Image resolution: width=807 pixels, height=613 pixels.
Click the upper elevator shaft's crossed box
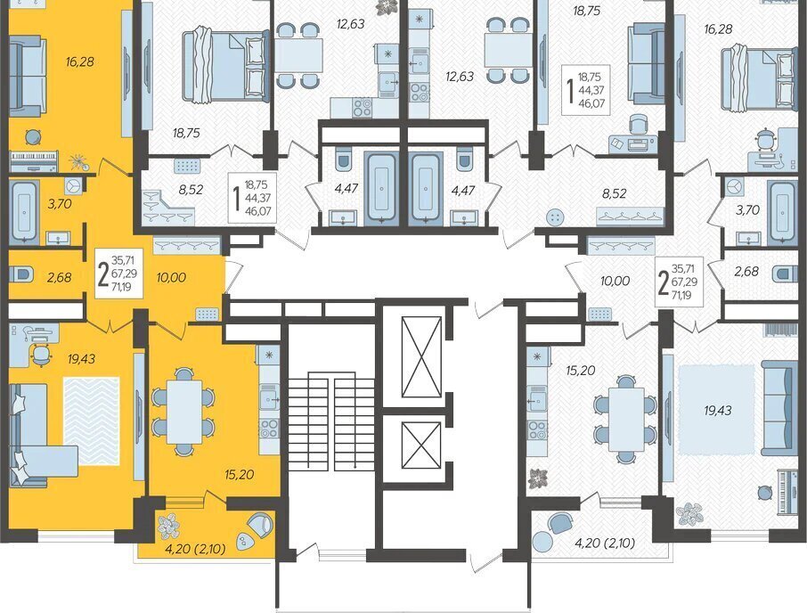click(x=421, y=356)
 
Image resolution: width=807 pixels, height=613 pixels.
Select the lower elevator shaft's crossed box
click(x=421, y=445)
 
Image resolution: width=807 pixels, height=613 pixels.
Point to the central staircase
click(x=331, y=423)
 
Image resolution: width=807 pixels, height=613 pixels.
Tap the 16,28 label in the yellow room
click(x=80, y=61)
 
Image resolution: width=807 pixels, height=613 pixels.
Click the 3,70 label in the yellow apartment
click(x=59, y=204)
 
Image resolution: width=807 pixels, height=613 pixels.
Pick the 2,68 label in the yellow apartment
click(x=59, y=277)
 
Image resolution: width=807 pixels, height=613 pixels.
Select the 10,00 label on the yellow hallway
click(x=171, y=277)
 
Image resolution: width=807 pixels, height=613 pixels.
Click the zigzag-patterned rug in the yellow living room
click(x=92, y=421)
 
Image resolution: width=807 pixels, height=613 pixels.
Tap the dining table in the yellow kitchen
click(x=184, y=412)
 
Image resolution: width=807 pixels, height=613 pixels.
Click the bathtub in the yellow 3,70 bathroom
click(x=23, y=211)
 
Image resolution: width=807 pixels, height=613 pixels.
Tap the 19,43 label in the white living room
click(x=717, y=410)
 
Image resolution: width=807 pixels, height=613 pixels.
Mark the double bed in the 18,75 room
click(x=226, y=65)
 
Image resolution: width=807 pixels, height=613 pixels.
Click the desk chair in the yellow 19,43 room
click(x=41, y=354)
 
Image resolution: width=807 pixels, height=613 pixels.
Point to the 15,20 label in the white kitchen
click(x=580, y=371)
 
